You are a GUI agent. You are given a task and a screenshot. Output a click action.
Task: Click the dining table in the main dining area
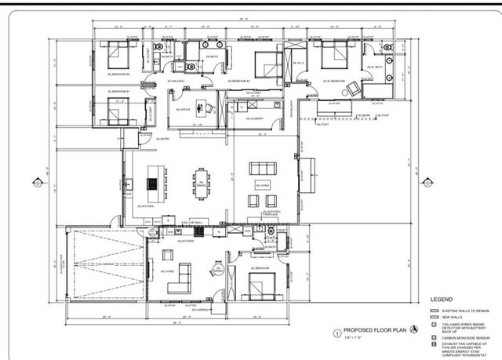click(202, 181)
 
